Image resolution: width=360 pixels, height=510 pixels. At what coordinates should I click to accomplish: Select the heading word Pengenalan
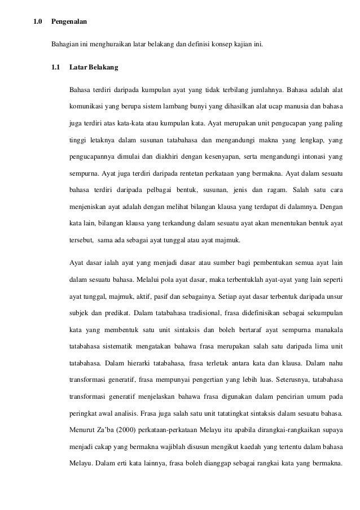(69, 23)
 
